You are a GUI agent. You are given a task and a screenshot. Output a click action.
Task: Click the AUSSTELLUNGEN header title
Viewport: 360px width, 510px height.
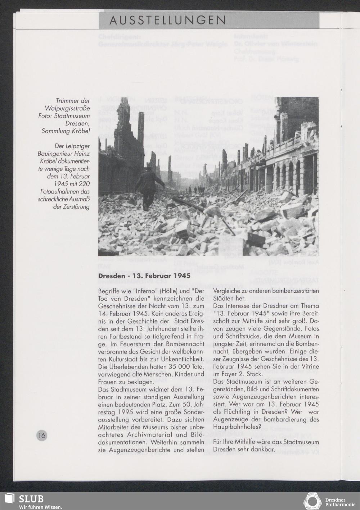point(167,21)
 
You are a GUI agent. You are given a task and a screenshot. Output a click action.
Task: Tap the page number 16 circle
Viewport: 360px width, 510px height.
point(41,435)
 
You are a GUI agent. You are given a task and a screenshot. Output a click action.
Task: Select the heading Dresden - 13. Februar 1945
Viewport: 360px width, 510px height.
point(144,276)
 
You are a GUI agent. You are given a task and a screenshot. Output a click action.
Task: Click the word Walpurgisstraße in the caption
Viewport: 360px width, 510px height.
point(67,108)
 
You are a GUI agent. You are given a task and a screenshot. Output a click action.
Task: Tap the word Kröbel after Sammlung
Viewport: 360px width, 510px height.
point(79,131)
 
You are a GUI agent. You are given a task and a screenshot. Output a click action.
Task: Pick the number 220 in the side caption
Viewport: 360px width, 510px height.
point(83,184)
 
